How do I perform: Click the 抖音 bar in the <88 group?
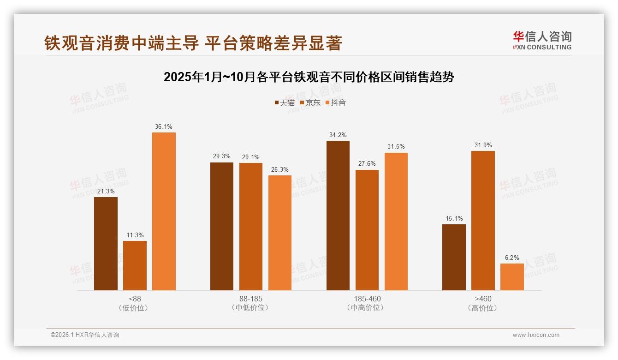164,211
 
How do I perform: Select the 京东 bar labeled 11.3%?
135,265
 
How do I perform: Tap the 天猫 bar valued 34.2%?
338,216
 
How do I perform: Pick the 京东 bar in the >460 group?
483,221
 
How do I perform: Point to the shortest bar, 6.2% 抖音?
512,277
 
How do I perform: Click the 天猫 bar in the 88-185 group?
222,226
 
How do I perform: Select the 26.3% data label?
279,169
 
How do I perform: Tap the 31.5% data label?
396,147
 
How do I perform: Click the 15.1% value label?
454,218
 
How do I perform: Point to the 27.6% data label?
367,164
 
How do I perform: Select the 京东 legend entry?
310,103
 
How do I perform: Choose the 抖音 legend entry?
335,103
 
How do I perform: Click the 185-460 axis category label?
367,299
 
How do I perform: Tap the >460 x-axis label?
483,299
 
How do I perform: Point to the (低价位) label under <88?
135,308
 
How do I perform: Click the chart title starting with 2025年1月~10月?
309,77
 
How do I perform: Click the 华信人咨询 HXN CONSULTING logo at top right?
542,40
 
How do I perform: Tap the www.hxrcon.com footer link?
536,335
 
